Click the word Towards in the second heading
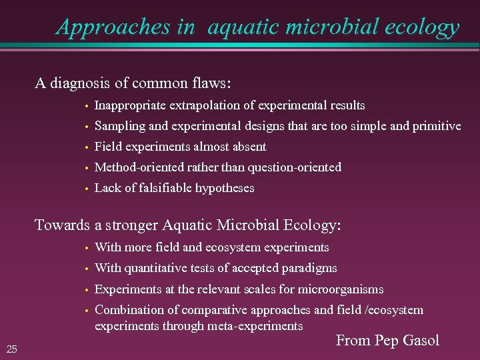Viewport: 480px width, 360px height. coord(62,225)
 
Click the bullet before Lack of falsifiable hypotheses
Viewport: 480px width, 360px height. coord(87,189)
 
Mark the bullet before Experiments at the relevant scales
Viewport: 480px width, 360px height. coord(87,290)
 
